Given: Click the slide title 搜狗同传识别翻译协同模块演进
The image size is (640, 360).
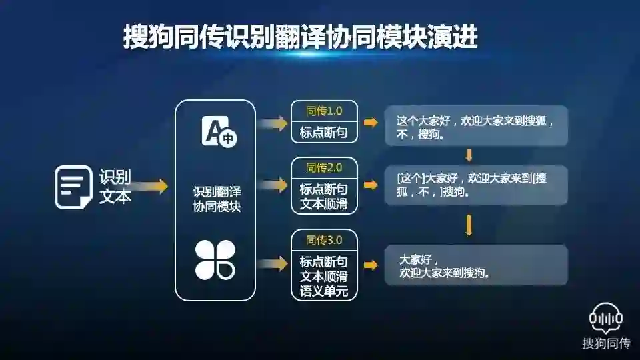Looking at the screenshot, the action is [x=301, y=37].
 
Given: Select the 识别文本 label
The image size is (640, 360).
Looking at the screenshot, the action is [x=115, y=187].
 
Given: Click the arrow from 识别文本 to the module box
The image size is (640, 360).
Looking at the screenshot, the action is [x=153, y=187].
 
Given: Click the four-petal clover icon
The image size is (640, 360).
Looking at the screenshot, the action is [x=215, y=260].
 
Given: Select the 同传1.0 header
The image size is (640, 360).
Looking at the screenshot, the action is [x=324, y=110].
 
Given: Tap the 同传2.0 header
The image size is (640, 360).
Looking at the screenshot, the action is [x=324, y=167].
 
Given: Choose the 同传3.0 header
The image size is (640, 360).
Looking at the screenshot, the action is [x=324, y=239].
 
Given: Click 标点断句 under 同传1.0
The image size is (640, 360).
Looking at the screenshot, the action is [x=324, y=132].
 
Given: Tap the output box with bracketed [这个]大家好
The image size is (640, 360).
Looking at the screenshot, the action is [x=476, y=185].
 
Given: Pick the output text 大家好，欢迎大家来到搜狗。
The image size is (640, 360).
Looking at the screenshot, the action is [x=476, y=266].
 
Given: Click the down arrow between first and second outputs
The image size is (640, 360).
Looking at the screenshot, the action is [x=469, y=155].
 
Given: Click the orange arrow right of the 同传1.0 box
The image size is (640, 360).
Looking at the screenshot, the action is [x=371, y=123].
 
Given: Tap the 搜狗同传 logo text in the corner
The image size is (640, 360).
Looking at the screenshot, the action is [x=606, y=344].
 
